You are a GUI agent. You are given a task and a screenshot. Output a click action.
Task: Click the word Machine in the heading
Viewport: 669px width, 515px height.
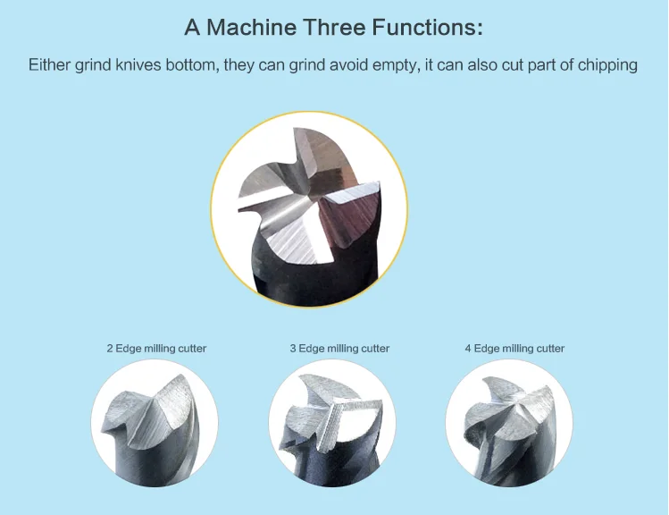point(251,27)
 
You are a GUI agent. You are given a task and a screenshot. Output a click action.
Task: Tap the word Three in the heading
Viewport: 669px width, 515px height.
point(334,27)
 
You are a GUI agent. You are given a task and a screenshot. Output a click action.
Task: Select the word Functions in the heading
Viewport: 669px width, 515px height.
point(428,27)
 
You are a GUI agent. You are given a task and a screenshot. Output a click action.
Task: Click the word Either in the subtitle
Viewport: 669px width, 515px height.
point(49,65)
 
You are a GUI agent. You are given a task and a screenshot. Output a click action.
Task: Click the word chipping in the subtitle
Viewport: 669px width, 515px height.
point(607,66)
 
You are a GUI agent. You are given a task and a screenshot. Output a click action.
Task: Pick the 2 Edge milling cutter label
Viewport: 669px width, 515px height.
point(156,349)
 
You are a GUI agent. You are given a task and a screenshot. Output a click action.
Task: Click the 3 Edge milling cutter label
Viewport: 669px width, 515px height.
point(339,349)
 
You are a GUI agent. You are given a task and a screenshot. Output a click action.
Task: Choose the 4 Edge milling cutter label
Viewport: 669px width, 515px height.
point(514,349)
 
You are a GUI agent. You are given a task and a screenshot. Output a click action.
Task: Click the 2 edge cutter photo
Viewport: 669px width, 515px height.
point(155,423)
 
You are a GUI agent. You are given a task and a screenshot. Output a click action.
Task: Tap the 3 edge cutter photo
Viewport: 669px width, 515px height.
point(332,423)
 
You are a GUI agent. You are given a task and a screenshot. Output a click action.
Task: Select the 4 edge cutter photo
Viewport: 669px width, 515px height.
point(509,423)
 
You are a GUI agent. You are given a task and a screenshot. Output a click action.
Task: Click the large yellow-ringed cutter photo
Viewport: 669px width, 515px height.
point(309,209)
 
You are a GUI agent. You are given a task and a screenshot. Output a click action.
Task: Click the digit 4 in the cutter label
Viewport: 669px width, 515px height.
point(468,349)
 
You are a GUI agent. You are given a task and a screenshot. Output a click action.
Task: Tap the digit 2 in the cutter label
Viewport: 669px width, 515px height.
point(110,349)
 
